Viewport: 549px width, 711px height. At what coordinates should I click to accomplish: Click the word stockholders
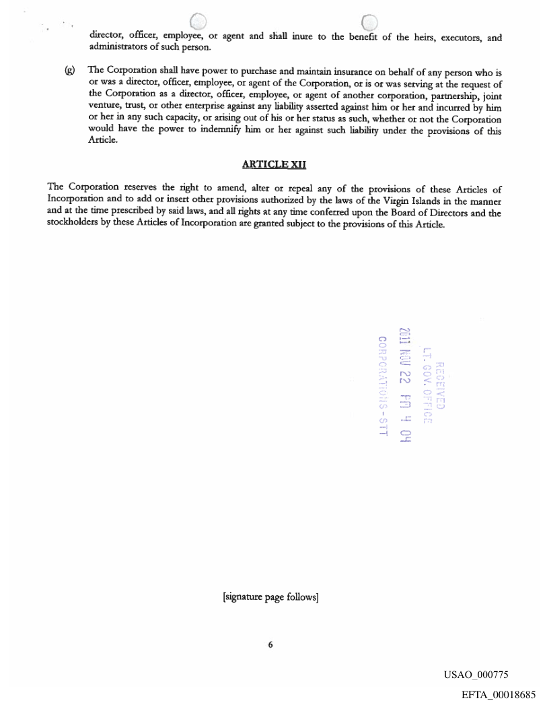75,224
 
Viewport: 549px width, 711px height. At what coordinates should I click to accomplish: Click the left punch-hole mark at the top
198,23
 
